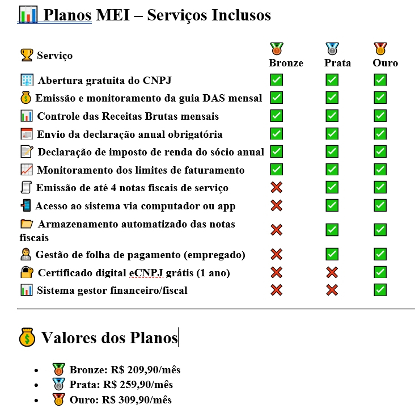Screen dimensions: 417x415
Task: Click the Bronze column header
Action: [x=286, y=63]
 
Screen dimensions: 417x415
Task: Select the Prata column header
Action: [x=337, y=63]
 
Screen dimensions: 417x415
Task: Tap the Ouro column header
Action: [x=385, y=63]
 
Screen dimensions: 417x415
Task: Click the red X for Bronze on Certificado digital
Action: [x=276, y=272]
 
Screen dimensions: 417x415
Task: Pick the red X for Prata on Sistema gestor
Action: [x=332, y=290]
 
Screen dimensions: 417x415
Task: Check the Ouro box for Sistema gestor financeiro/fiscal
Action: [x=380, y=290]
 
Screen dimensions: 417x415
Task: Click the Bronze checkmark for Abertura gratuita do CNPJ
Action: [x=276, y=80]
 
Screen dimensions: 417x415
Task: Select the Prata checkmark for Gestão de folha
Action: [x=332, y=254]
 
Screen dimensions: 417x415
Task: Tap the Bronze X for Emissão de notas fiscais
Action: [x=276, y=187]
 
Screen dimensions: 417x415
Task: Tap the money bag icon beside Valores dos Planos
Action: [x=27, y=338]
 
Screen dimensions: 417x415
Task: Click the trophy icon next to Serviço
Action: [x=27, y=55]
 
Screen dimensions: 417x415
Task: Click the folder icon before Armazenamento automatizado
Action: [x=27, y=224]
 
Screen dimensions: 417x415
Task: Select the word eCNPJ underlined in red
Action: [x=146, y=273]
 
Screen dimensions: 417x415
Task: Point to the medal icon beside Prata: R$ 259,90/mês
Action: [x=58, y=385]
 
